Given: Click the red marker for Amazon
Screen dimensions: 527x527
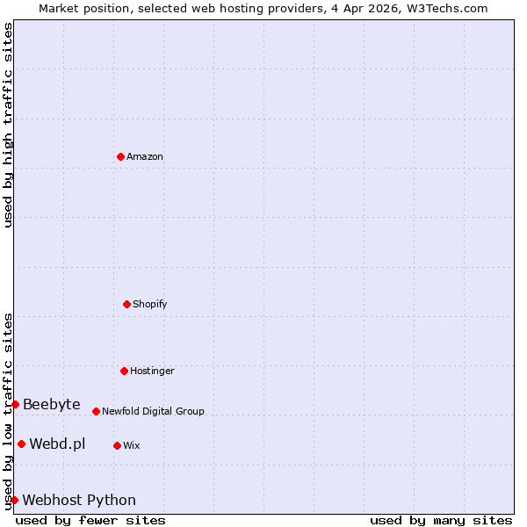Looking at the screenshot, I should click(x=120, y=156).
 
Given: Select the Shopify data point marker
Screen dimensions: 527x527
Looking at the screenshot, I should click(x=126, y=304).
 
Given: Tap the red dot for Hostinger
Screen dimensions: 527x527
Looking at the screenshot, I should click(x=124, y=371).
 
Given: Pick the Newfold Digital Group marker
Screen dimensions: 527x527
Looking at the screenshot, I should click(x=96, y=411).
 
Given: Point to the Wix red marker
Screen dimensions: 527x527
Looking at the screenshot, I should click(x=117, y=445).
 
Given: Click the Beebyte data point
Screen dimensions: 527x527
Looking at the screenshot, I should click(x=15, y=404).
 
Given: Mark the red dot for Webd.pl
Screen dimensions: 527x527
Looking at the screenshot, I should click(x=21, y=444).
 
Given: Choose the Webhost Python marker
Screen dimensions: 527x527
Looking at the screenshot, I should click(x=14, y=500).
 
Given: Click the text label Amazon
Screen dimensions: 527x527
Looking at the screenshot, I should click(x=145, y=157).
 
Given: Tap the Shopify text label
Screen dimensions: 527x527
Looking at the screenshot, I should click(x=150, y=305).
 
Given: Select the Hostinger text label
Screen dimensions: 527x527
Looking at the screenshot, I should click(x=153, y=372).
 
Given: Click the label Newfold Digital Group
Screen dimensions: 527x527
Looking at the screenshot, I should click(x=153, y=412).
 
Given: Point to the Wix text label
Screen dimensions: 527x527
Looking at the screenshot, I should click(x=132, y=446).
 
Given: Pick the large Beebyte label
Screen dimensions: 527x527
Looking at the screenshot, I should click(x=52, y=405).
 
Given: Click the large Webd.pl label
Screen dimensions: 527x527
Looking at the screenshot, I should click(x=57, y=444).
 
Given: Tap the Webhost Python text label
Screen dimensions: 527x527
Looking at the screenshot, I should click(x=79, y=501).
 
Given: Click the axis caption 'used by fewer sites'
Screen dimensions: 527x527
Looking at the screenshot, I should click(x=90, y=520).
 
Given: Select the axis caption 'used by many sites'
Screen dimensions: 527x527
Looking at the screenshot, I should click(x=441, y=520).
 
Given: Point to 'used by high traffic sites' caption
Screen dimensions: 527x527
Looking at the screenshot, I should click(x=8, y=125).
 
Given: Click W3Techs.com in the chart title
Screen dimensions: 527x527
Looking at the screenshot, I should click(x=447, y=8).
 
